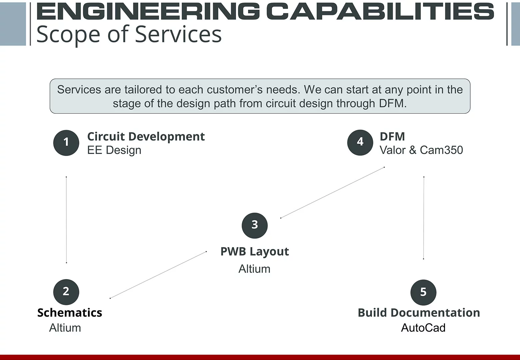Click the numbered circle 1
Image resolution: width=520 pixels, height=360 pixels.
coord(66,143)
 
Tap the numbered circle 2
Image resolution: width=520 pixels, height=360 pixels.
coord(66,292)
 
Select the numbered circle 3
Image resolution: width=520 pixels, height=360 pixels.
coord(255,225)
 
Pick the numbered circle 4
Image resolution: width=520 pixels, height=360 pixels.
coord(360,142)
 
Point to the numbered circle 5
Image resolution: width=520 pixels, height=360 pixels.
coord(423,292)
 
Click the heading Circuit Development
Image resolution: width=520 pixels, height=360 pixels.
coord(146,137)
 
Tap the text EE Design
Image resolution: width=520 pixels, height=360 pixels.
coord(114,150)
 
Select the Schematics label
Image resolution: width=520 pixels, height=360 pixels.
coord(70,313)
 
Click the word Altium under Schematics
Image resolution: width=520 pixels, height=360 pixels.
coord(65,328)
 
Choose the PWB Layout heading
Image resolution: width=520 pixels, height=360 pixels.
coord(255,252)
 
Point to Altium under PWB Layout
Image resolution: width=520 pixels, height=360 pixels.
coord(254,269)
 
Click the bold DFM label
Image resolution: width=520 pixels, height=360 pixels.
coord(392,137)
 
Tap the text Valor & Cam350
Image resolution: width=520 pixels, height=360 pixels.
coord(421,150)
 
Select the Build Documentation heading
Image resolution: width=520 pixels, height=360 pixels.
coord(419,313)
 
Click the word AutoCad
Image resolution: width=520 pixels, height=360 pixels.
coord(423,328)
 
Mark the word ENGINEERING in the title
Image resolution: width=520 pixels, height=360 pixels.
coord(148,11)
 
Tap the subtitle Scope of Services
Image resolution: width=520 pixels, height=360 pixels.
coord(129,34)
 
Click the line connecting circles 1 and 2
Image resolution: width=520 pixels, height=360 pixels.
coord(66,220)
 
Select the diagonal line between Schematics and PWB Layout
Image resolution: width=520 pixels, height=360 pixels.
coord(158,275)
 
